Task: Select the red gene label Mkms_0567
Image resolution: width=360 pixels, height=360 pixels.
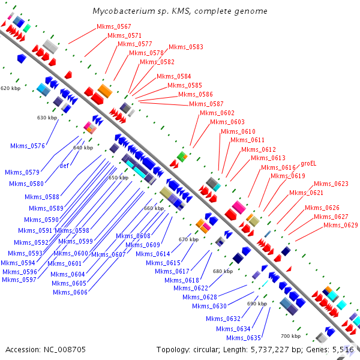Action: click(x=113, y=27)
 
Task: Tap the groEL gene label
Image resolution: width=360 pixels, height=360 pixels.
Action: click(x=308, y=163)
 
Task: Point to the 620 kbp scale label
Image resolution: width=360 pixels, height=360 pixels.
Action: click(x=10, y=88)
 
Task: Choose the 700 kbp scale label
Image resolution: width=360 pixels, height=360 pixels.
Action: click(x=291, y=336)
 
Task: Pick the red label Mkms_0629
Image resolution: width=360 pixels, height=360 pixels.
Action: click(x=340, y=226)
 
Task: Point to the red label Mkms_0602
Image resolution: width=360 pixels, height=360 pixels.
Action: click(x=217, y=113)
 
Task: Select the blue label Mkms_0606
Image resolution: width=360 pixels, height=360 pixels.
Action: click(x=70, y=292)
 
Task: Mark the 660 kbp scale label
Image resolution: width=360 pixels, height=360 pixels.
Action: click(x=154, y=208)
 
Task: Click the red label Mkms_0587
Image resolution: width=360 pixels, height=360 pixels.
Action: click(x=206, y=104)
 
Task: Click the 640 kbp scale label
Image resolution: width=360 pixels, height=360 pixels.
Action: click(x=83, y=148)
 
